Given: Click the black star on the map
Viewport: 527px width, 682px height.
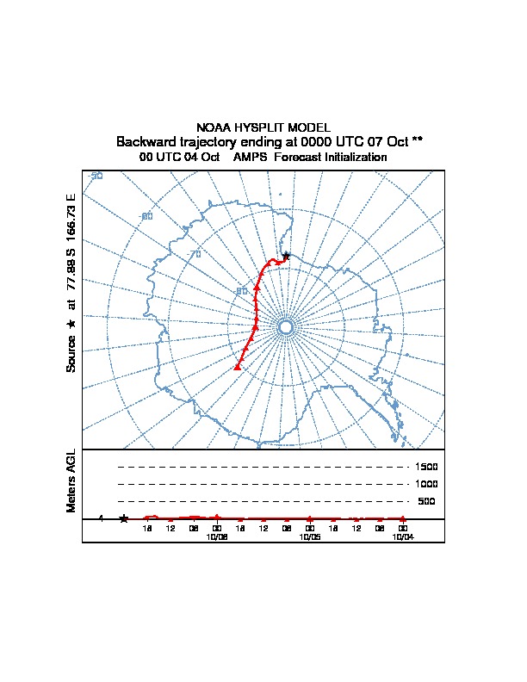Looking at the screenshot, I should coord(286,255).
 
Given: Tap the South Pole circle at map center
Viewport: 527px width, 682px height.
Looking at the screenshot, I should coord(287,326).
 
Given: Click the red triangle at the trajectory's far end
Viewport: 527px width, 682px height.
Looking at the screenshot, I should coord(237,367).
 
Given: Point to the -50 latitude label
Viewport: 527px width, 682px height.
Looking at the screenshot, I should coord(96,176).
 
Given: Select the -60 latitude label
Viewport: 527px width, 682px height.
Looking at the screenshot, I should coord(146,216).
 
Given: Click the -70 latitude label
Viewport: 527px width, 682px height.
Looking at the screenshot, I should coord(195,254).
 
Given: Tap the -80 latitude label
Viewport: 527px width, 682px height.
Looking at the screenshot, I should coord(242,291).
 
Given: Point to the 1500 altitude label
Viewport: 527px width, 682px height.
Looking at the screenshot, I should coord(426,467).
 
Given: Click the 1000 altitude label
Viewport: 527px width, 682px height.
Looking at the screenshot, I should coord(426,484).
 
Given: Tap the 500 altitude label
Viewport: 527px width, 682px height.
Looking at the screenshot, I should coord(426,501).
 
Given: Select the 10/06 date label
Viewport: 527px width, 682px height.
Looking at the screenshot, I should coord(216,536).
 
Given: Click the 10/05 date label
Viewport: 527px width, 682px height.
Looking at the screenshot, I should coord(309,536).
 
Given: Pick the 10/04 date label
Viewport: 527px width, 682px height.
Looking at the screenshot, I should coord(402,536).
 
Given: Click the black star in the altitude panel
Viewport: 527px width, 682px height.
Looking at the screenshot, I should coord(124,518).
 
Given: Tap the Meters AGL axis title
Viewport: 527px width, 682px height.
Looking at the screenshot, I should coord(71,480).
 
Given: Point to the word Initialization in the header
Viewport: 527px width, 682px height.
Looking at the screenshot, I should coord(353,158).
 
